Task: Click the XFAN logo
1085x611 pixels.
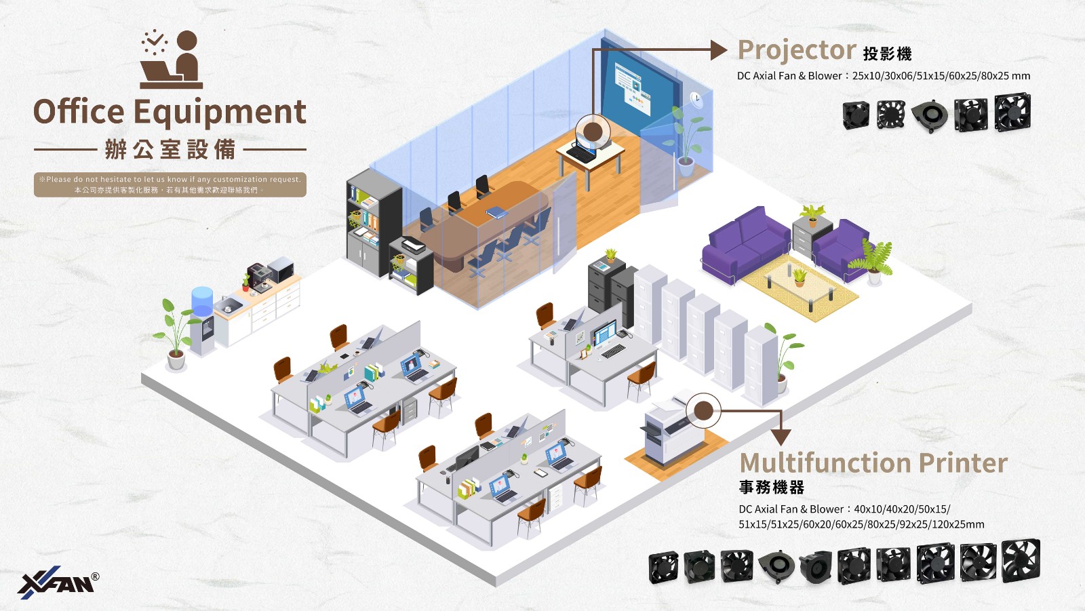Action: (x=58, y=582)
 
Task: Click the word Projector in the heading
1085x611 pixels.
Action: (x=797, y=50)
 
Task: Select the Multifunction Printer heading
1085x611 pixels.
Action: (x=873, y=463)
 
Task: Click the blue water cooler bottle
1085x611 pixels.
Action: (x=202, y=301)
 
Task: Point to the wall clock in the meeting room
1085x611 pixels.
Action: (x=696, y=98)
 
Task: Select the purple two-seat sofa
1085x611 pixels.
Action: (x=746, y=241)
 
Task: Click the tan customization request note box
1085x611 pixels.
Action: (x=170, y=184)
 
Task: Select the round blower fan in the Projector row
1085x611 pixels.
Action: (x=930, y=115)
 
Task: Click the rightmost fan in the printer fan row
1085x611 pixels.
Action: (x=1021, y=560)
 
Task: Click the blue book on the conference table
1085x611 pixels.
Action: (x=496, y=212)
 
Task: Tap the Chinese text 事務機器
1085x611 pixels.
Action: (x=772, y=488)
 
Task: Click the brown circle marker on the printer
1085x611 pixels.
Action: (x=703, y=410)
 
